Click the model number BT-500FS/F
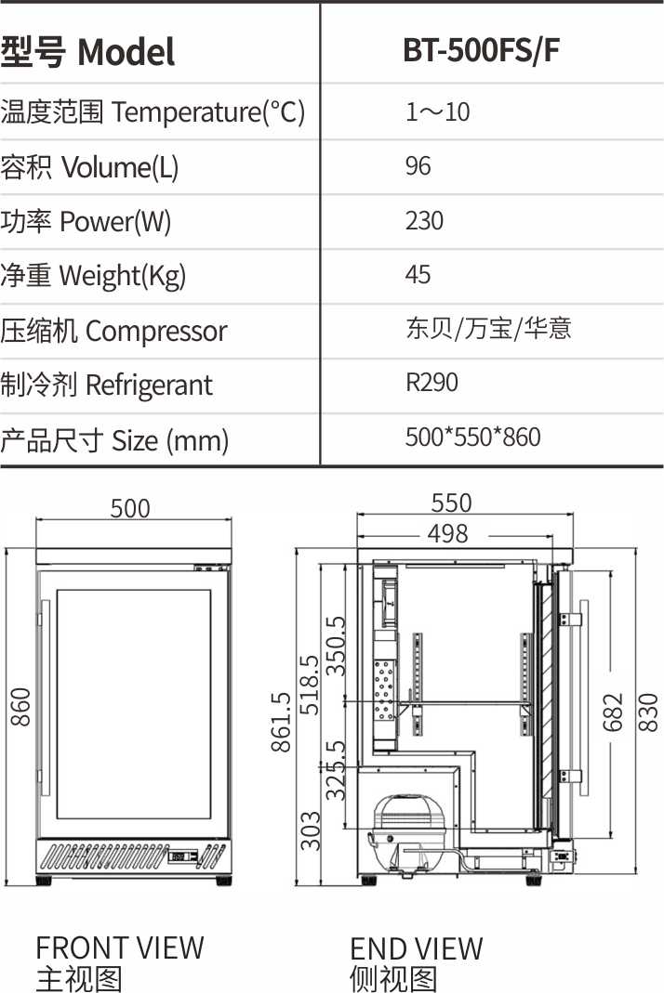click(x=481, y=50)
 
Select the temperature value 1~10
click(x=438, y=112)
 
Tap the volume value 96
click(x=418, y=166)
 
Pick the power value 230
click(x=424, y=221)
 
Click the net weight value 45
click(x=418, y=275)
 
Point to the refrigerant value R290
click(x=432, y=383)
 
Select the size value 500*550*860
click(x=473, y=437)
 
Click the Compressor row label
click(x=113, y=331)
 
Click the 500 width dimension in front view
click(x=130, y=508)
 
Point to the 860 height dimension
click(x=20, y=707)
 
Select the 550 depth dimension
click(x=451, y=503)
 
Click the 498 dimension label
click(x=447, y=533)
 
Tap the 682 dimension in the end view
click(x=613, y=712)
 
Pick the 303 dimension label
click(x=310, y=830)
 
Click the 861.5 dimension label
click(x=281, y=722)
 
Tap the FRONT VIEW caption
click(x=120, y=948)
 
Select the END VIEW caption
click(x=416, y=948)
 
